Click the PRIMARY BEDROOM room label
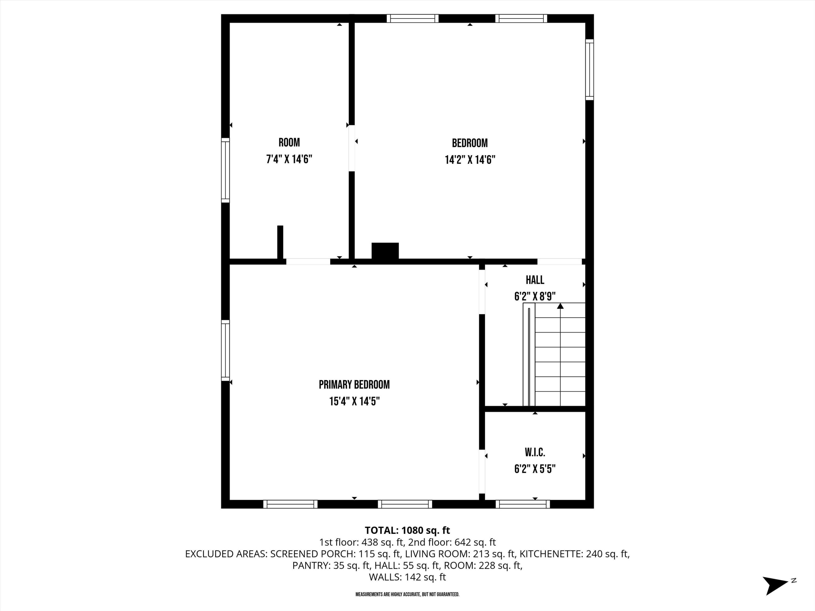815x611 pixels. (354, 385)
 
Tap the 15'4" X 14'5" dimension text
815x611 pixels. (354, 401)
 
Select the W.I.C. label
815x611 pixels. (535, 452)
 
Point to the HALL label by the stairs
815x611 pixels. (535, 280)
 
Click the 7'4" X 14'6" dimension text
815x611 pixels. (289, 159)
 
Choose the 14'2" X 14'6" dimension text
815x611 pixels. (470, 160)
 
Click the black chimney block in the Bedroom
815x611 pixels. (385, 251)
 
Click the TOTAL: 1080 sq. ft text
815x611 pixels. (407, 530)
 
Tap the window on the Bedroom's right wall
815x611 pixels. (590, 69)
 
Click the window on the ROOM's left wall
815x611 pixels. (225, 170)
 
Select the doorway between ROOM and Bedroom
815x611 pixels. (352, 148)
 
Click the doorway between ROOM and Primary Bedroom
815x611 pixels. (308, 262)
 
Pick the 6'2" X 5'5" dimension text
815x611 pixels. (535, 469)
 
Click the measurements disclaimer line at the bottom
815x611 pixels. (407, 594)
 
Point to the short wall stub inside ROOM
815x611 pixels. (280, 242)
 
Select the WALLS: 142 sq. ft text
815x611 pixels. (407, 577)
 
